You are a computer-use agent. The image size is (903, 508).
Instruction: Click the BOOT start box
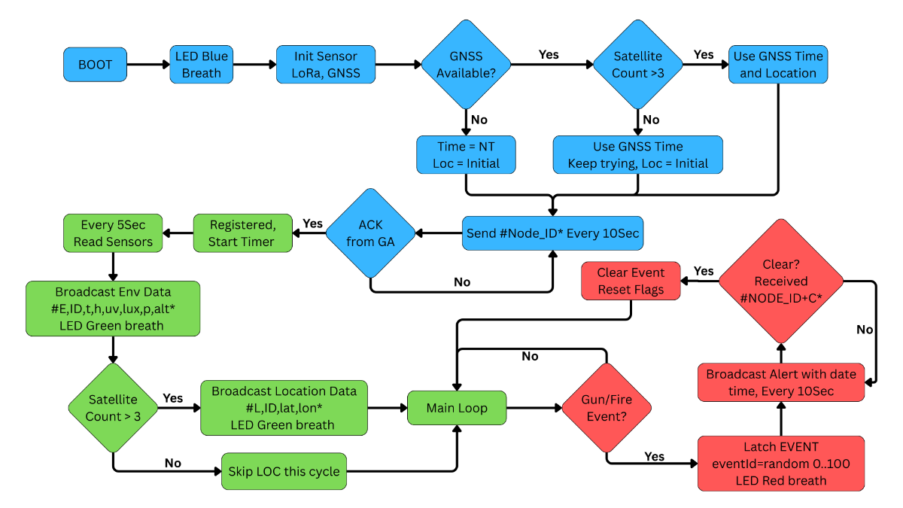pyautogui.click(x=95, y=65)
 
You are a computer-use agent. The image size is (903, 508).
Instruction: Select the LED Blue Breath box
pyautogui.click(x=202, y=65)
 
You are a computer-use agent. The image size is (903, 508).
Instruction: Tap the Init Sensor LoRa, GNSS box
pyautogui.click(x=325, y=65)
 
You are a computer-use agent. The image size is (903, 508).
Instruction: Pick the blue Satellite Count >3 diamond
pyautogui.click(x=637, y=65)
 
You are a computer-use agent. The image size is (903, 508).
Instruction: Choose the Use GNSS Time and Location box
pyautogui.click(x=777, y=65)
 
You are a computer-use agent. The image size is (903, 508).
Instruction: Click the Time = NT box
pyautogui.click(x=466, y=154)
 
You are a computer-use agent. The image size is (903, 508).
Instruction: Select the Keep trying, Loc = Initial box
pyautogui.click(x=637, y=154)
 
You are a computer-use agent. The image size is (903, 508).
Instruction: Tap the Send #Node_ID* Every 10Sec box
pyautogui.click(x=552, y=233)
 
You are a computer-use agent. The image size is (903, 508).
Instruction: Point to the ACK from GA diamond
pyautogui.click(x=370, y=233)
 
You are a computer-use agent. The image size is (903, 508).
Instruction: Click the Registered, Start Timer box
pyautogui.click(x=242, y=233)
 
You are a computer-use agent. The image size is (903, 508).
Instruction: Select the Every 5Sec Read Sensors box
pyautogui.click(x=112, y=233)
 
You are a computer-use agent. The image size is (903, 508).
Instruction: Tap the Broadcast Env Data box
pyautogui.click(x=113, y=309)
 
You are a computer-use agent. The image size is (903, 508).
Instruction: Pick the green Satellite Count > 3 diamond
pyautogui.click(x=112, y=408)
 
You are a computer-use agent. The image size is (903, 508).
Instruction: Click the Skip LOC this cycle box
pyautogui.click(x=284, y=472)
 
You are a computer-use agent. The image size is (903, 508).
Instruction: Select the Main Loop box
pyautogui.click(x=457, y=408)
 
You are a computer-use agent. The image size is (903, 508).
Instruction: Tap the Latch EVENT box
pyautogui.click(x=780, y=463)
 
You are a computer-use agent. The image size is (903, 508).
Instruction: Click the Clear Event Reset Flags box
pyautogui.click(x=631, y=280)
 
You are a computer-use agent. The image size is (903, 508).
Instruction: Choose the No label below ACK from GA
pyautogui.click(x=462, y=281)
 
